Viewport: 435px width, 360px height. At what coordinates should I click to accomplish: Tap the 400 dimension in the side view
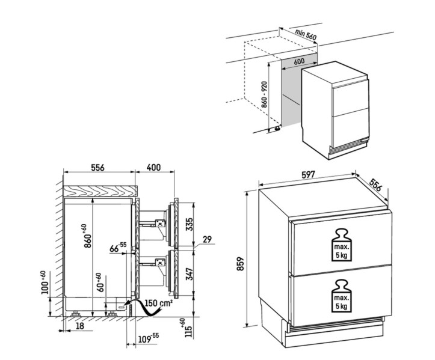154,168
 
